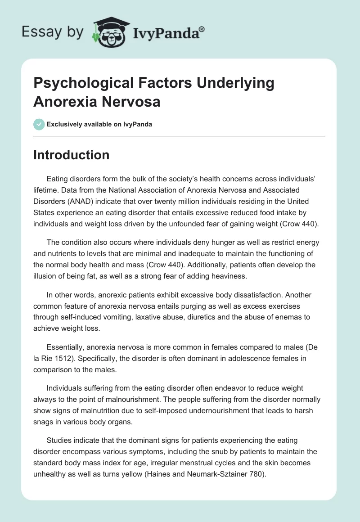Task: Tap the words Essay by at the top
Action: (53, 32)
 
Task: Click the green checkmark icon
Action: (39, 124)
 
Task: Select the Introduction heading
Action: (71, 155)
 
